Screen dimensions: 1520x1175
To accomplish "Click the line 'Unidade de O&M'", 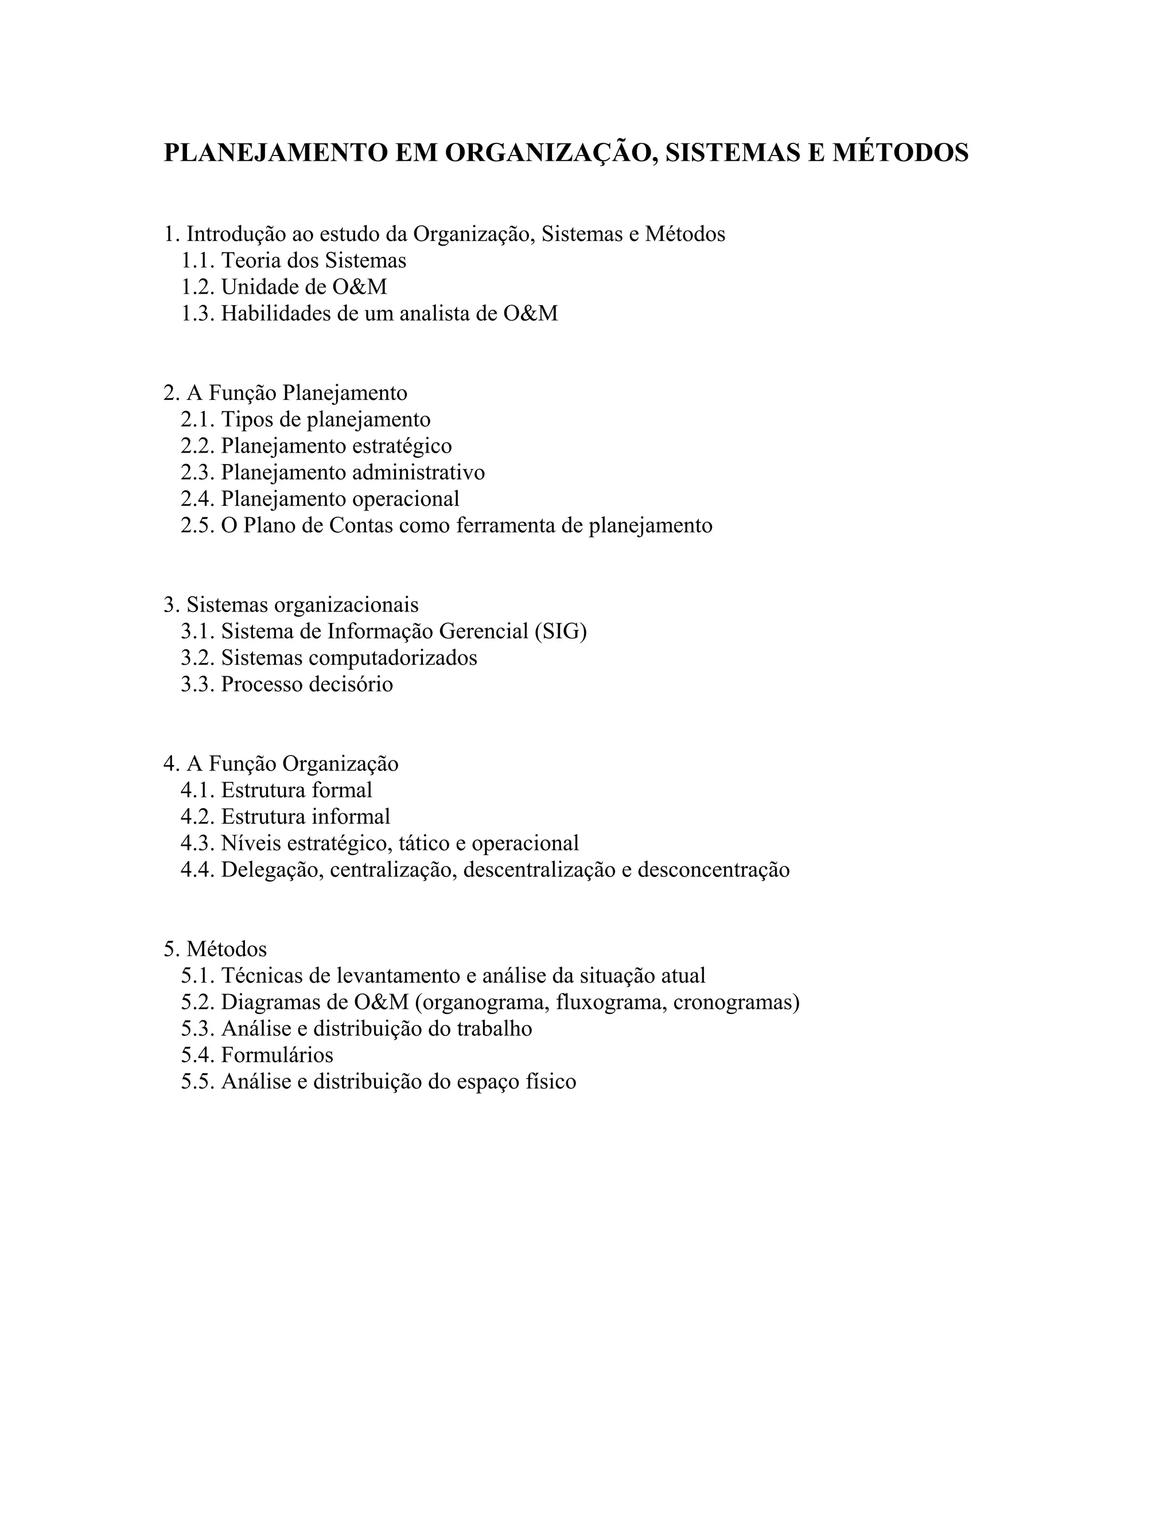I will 304,287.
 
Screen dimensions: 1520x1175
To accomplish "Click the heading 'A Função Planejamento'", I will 297,393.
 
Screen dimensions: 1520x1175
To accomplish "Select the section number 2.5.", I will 198,525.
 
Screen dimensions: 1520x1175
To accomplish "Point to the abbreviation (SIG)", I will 561,632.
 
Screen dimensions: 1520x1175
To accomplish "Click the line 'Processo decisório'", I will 306,684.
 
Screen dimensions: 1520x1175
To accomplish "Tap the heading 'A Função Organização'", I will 293,763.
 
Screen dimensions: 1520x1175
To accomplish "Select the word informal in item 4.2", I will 350,816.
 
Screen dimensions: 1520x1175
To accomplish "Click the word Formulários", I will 277,1055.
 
